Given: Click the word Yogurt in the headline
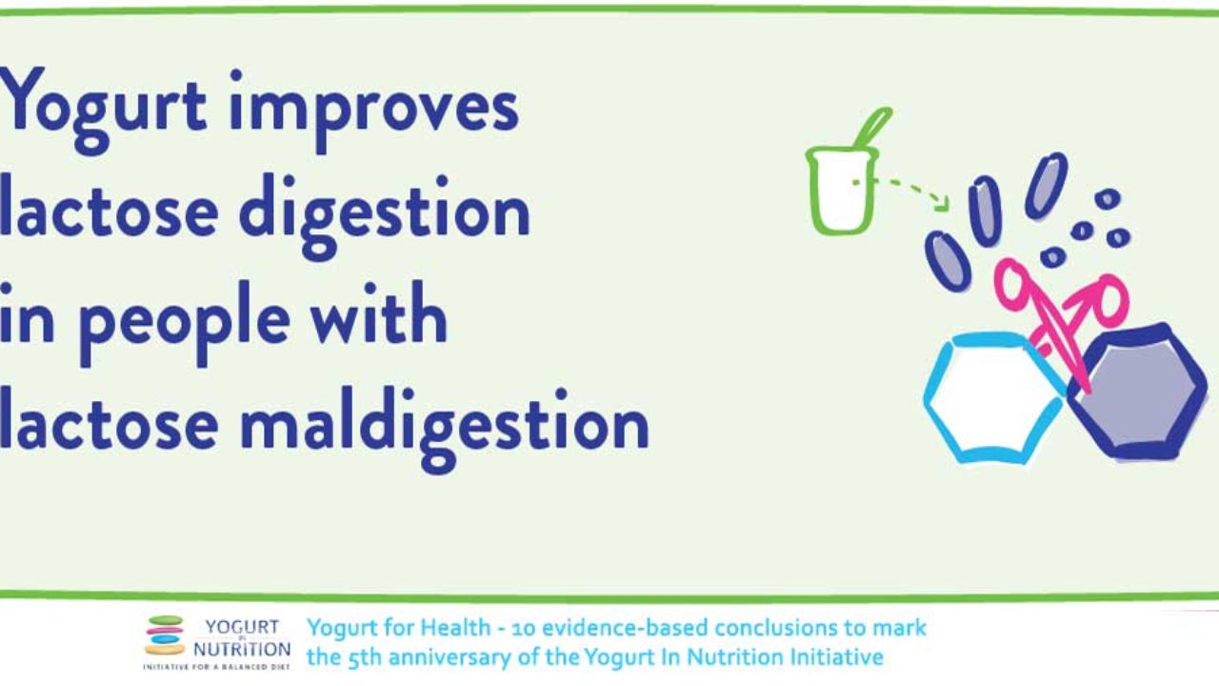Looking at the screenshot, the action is [104, 110].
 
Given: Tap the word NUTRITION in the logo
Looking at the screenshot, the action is [242, 650].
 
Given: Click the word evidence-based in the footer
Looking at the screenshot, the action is [626, 628].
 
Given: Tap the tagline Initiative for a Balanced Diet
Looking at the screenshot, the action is [216, 667].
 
